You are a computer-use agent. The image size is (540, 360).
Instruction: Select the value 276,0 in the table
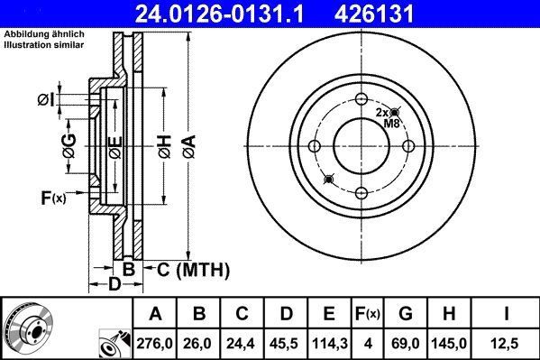(x=155, y=344)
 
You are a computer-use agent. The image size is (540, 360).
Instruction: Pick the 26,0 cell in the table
(x=200, y=344)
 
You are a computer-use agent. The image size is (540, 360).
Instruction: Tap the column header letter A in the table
(x=155, y=314)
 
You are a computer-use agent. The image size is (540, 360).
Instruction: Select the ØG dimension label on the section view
(x=69, y=142)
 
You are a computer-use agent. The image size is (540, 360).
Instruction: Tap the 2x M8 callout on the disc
(x=387, y=117)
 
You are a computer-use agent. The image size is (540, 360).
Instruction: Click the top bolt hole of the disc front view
(x=361, y=99)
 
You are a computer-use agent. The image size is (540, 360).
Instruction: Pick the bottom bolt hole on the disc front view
(x=361, y=191)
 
